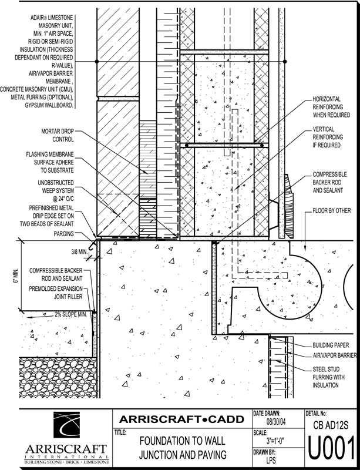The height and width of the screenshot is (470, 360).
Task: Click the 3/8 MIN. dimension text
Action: coord(78,252)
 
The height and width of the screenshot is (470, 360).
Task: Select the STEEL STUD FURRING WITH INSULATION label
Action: coord(331,377)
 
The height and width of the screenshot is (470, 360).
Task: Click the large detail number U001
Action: coord(332,449)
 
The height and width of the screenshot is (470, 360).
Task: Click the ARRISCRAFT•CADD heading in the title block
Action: coord(181,419)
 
